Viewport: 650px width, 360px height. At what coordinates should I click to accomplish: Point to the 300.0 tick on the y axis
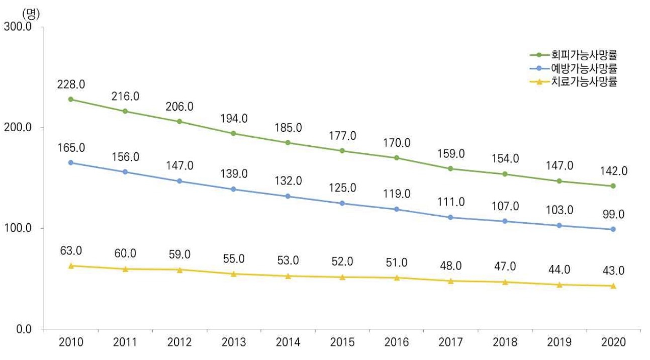pos(18,27)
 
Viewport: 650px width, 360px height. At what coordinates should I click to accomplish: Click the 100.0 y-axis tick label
pos(18,228)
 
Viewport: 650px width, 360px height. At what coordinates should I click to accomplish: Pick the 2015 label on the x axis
pos(342,342)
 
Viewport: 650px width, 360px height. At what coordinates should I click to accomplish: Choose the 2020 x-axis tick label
pos(613,342)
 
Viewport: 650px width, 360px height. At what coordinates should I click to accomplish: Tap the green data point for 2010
pos(71,99)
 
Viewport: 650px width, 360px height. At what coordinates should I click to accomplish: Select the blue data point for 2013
pos(234,189)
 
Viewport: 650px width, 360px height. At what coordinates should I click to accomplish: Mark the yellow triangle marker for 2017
pos(450,281)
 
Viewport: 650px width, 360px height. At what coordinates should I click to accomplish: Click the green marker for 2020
pos(613,186)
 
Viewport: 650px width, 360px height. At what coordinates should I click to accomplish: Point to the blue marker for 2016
pos(396,209)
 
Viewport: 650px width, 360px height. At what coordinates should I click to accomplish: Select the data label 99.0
pos(613,214)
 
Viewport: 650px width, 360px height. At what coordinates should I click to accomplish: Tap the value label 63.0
pos(71,250)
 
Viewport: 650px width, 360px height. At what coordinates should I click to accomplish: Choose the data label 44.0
pos(559,269)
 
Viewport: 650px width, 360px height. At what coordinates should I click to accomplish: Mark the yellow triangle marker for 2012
pos(179,269)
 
